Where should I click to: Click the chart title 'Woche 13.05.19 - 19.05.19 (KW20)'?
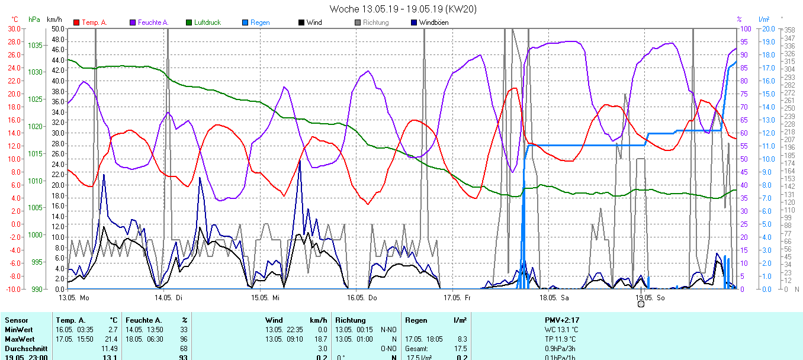(x=403, y=9)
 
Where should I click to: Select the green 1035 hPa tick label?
(x=35, y=45)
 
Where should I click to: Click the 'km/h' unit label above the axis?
(x=55, y=20)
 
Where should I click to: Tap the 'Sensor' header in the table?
(x=16, y=320)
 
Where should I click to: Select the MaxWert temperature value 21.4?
(x=111, y=339)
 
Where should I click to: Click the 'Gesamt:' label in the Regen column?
(x=417, y=349)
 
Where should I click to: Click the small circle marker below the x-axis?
(x=641, y=304)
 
